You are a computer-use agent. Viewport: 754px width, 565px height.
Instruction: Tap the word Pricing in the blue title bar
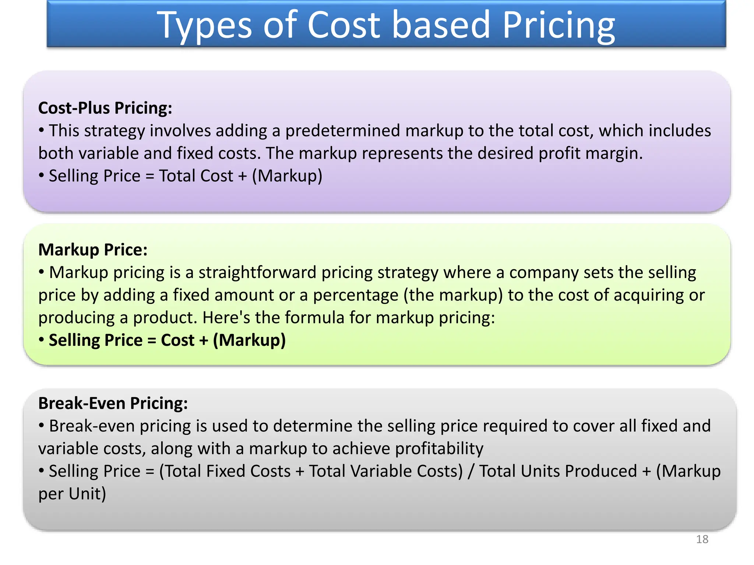click(x=558, y=25)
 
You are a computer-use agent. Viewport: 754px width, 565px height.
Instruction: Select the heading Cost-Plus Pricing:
click(x=105, y=108)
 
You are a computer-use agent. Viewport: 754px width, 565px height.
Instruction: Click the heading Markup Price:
click(x=93, y=250)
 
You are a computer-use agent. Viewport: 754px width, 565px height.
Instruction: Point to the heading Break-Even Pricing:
click(x=113, y=404)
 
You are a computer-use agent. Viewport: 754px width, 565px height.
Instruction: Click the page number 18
click(x=702, y=539)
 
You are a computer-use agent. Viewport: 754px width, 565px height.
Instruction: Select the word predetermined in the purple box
click(x=342, y=131)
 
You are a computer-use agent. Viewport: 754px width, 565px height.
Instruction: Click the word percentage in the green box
click(x=356, y=295)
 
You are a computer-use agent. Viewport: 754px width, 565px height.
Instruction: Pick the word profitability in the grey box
click(x=439, y=449)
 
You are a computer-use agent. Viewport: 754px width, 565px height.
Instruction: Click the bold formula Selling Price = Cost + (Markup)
click(x=167, y=340)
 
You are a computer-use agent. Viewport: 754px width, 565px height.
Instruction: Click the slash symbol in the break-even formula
click(x=470, y=472)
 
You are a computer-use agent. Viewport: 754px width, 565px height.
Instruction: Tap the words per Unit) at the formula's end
click(x=72, y=494)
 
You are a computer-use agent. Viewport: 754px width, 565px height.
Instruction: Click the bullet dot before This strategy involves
click(x=42, y=130)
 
